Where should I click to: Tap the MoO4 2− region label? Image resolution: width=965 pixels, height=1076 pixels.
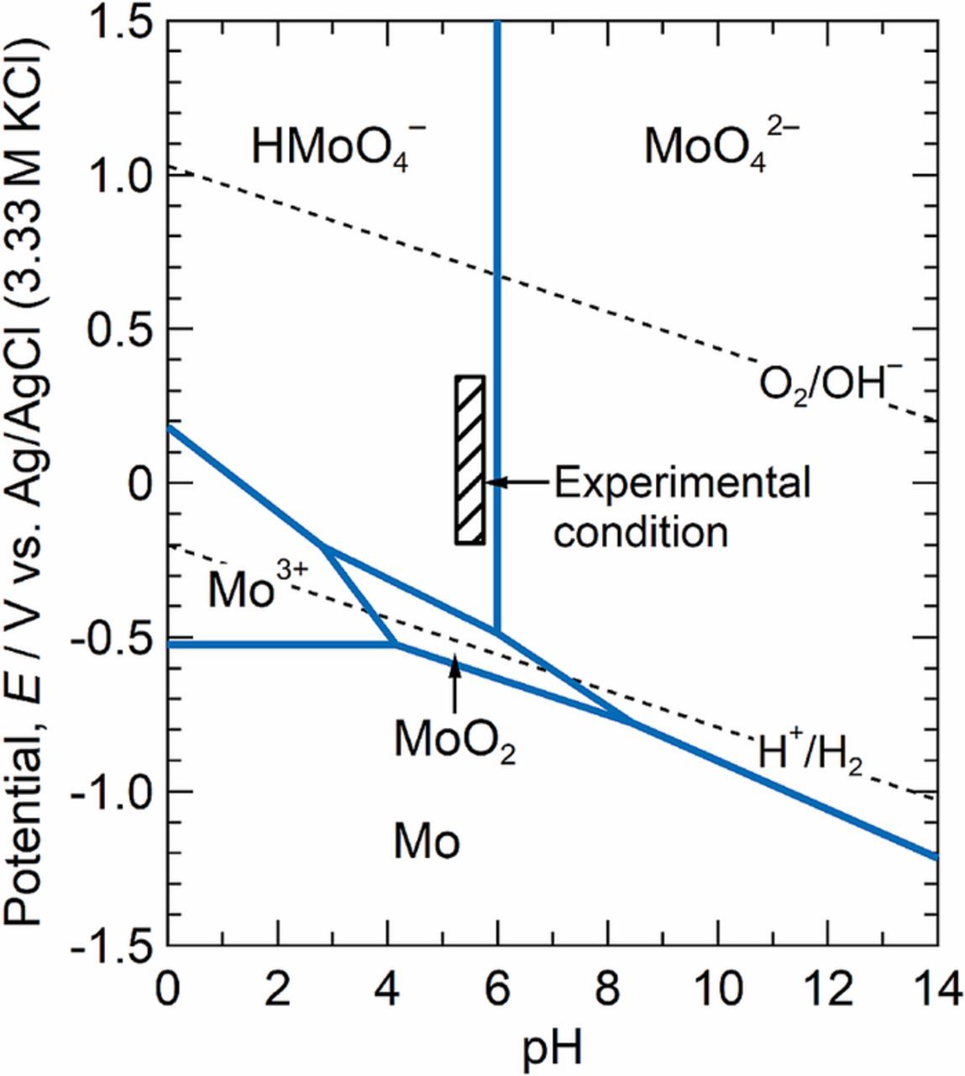(716, 148)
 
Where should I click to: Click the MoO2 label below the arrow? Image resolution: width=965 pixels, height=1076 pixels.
(454, 740)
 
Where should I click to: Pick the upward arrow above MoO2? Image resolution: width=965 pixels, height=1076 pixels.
(454, 683)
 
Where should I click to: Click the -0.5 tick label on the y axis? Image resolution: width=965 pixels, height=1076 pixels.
(111, 638)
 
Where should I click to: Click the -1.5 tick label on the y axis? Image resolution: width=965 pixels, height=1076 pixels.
(111, 946)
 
